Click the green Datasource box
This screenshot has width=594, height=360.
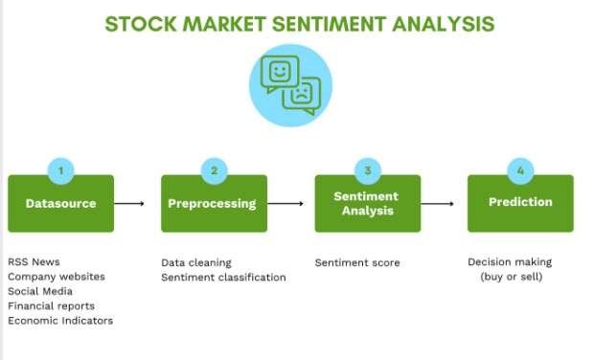(x=60, y=203)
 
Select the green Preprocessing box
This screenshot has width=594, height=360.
(x=214, y=203)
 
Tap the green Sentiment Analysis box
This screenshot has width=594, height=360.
(x=367, y=203)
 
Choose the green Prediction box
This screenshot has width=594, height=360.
(x=520, y=203)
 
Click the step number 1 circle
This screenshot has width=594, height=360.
(x=60, y=171)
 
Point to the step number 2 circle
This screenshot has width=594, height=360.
(x=214, y=171)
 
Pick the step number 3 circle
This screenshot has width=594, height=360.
(x=367, y=171)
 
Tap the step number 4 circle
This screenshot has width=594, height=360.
(x=520, y=171)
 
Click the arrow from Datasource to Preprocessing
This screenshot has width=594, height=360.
(x=131, y=203)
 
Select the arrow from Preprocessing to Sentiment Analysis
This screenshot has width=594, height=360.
(x=285, y=203)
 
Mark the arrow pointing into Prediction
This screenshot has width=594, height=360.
(x=438, y=203)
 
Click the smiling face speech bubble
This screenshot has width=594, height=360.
(x=281, y=73)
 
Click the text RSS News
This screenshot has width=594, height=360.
(x=33, y=262)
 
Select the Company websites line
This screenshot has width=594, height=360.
(x=57, y=277)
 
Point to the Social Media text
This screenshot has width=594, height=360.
(x=40, y=291)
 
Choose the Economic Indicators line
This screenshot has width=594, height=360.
(x=60, y=321)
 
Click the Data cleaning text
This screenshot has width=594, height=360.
(x=196, y=262)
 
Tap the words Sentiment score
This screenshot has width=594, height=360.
(x=357, y=262)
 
